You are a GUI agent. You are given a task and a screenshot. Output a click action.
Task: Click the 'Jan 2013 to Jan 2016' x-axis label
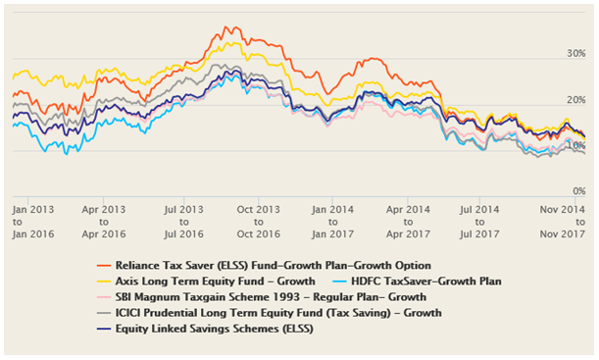(33, 222)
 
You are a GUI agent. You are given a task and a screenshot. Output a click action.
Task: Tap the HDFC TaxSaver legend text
(432, 281)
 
